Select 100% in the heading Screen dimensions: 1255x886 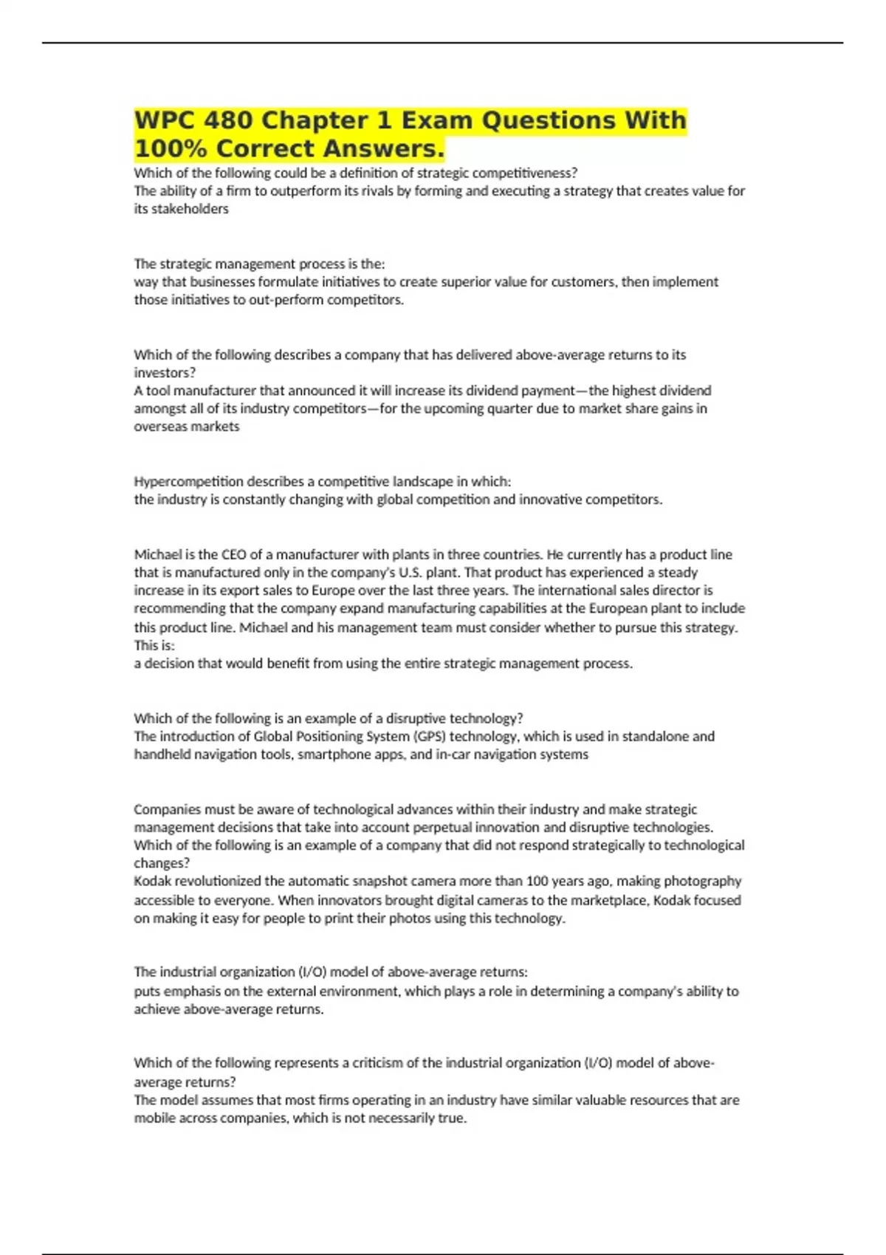point(171,148)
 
